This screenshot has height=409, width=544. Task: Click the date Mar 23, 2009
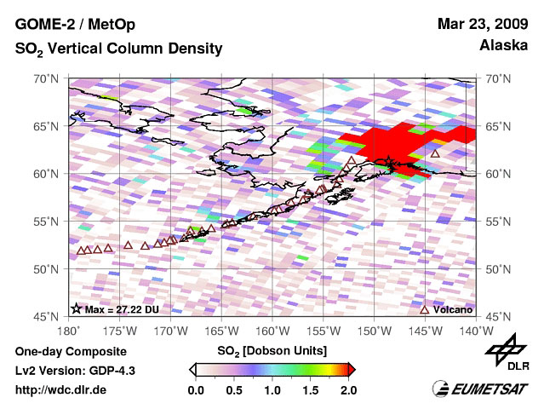tap(483, 25)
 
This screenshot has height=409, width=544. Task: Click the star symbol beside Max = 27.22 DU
tap(76, 308)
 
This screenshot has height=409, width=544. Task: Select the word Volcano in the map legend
tap(453, 308)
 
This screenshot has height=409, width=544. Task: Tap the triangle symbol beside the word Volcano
tap(426, 308)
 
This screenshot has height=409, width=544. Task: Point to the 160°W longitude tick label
tap(272, 330)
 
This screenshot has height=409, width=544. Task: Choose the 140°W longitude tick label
tap(475, 330)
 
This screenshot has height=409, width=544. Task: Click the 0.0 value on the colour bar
tap(195, 390)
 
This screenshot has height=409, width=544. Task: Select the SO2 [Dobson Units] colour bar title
tap(272, 350)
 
